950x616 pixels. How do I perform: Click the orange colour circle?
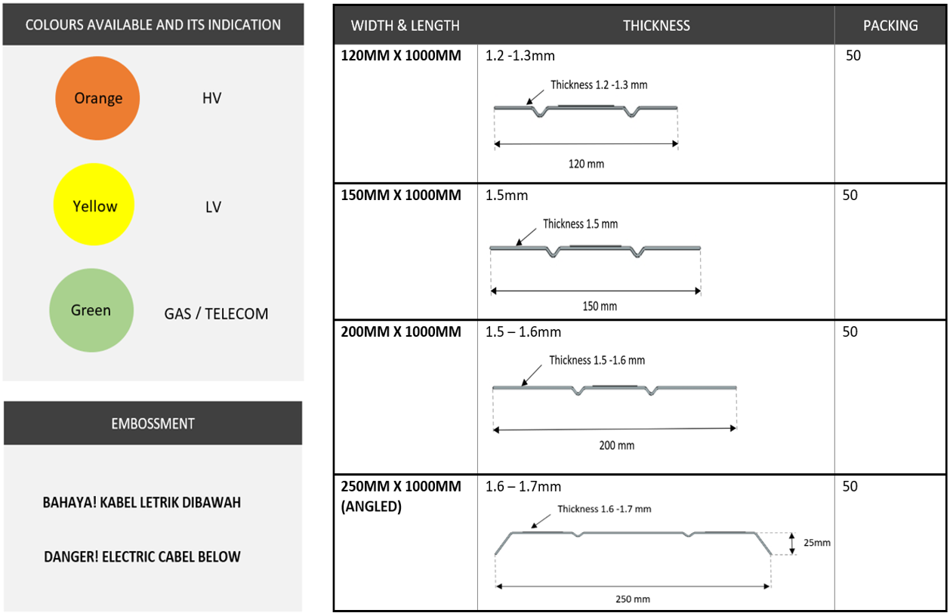point(97,98)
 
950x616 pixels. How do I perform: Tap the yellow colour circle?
point(94,205)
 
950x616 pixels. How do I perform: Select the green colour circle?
point(91,310)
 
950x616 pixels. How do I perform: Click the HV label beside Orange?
point(211,98)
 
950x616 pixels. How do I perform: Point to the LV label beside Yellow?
point(213,207)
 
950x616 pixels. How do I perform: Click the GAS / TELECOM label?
point(216,314)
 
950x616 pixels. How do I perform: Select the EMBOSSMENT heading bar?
point(153,423)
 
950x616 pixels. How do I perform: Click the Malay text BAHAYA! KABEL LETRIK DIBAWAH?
point(142,503)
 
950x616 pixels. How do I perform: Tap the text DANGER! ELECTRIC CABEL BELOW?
point(142,557)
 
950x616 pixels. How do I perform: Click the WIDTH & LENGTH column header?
point(406,26)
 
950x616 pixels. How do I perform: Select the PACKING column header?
point(890,26)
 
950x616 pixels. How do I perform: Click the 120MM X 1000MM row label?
point(401,56)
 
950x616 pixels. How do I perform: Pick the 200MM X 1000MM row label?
point(401,332)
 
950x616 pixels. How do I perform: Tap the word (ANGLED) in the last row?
point(372,507)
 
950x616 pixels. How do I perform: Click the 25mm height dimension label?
point(817,543)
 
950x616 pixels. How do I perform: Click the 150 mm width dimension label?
point(600,306)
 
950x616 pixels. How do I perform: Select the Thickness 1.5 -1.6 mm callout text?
point(597,360)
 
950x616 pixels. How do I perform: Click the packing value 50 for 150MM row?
point(850,195)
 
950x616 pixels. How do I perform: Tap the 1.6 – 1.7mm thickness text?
point(523,487)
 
